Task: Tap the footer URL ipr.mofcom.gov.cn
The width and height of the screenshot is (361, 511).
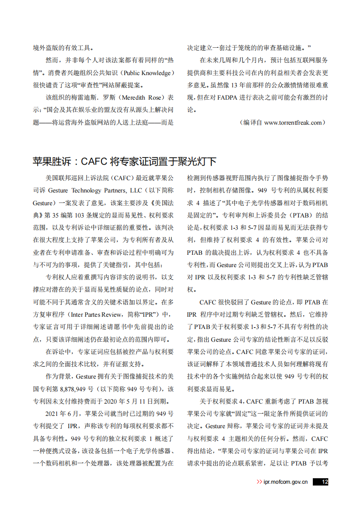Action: (x=286, y=482)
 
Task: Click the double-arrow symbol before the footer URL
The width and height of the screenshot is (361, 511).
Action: (x=259, y=482)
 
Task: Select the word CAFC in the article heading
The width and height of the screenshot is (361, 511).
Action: (x=94, y=162)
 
